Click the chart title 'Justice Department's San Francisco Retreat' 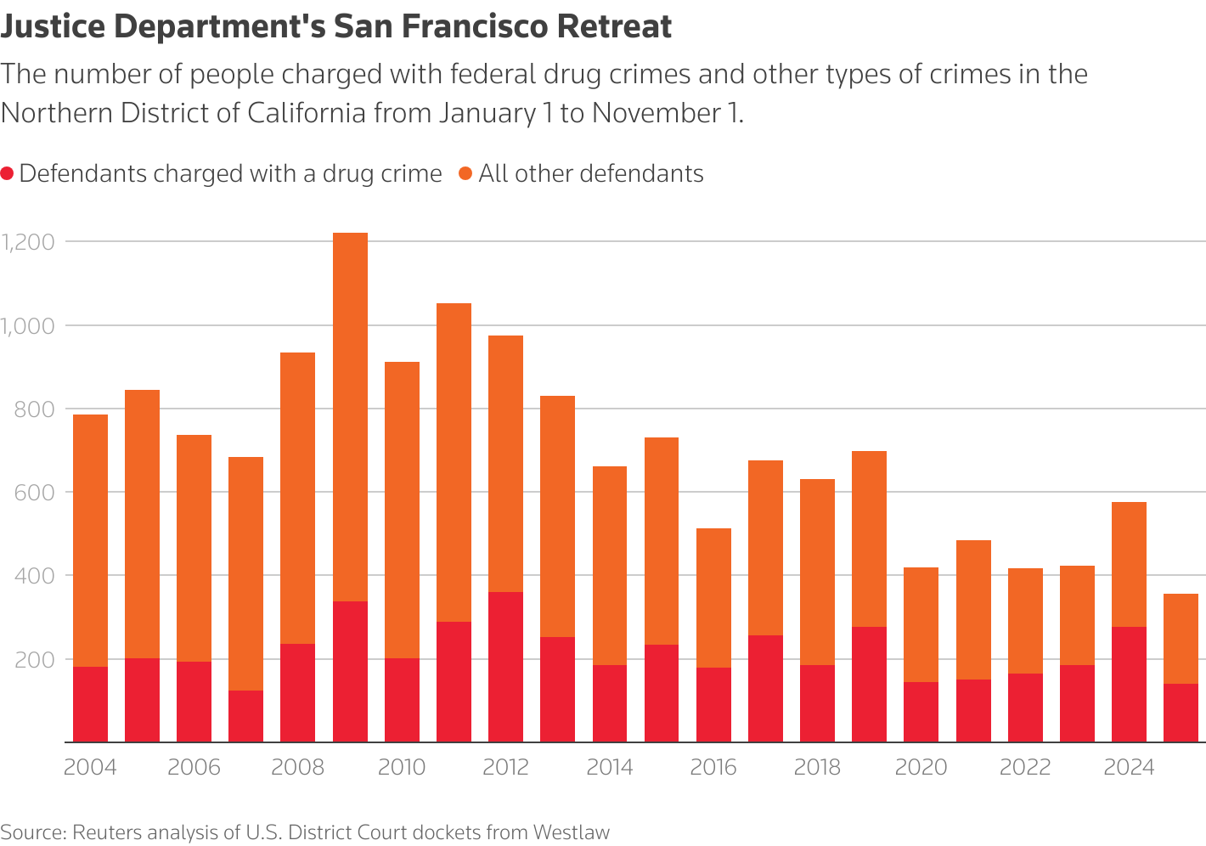[336, 27]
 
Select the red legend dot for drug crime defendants [8, 174]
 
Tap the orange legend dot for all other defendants [465, 174]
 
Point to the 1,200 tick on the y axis [28, 242]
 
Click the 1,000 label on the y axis [28, 325]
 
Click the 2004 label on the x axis [90, 768]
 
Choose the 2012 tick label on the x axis [505, 768]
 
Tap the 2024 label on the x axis [1129, 768]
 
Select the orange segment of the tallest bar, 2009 [350, 416]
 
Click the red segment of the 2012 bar [505, 667]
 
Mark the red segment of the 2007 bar [245, 716]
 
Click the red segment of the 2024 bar [1129, 685]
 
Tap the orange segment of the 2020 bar [921, 624]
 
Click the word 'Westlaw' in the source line [571, 832]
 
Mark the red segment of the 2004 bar [90, 704]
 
